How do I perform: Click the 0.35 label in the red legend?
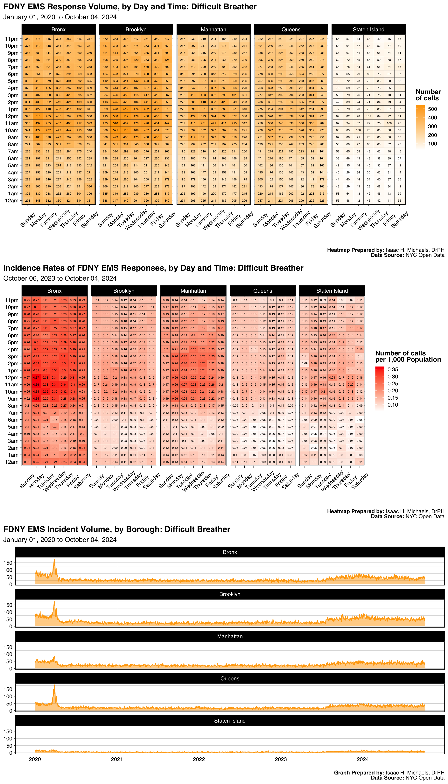coord(393,369)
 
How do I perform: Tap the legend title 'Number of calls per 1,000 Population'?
coord(408,356)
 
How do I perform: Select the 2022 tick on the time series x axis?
coord(199,759)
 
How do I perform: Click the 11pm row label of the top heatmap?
coord(12,39)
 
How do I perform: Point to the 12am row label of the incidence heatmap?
coord(12,462)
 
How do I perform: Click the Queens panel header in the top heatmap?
coord(291,30)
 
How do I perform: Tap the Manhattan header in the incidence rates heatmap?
coord(193,291)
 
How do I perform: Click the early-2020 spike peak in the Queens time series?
coord(54,685)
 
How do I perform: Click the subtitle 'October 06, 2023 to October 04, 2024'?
coord(60,278)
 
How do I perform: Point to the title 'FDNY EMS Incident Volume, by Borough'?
coord(117,529)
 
